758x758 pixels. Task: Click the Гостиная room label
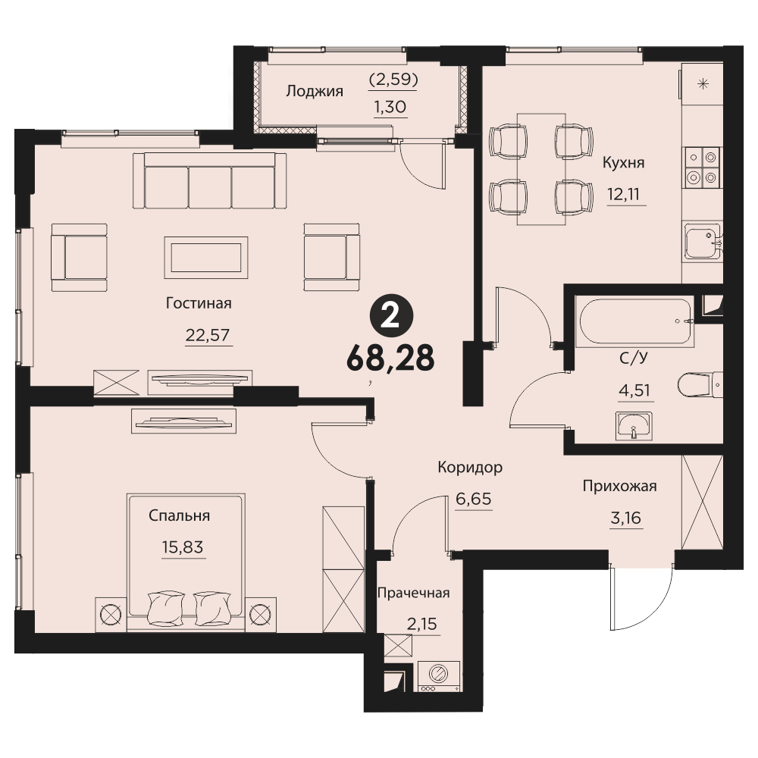coord(199,303)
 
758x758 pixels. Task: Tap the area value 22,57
coord(208,334)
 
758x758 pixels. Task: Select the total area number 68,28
coord(390,359)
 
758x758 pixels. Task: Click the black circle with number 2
coord(391,317)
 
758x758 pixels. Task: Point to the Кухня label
coord(624,162)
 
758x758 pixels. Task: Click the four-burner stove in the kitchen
coord(702,168)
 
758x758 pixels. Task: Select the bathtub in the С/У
coord(634,321)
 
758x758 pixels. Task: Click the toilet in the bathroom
coord(700,385)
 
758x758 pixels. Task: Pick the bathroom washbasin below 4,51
coord(634,426)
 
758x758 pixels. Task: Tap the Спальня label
coord(180,515)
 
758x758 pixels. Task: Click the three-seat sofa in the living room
coord(209,181)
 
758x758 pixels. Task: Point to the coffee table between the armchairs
coord(206,258)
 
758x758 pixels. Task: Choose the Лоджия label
coord(315,91)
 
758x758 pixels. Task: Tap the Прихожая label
coord(619,486)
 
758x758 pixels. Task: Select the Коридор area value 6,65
coord(474,499)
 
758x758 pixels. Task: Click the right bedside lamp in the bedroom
coord(261,615)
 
